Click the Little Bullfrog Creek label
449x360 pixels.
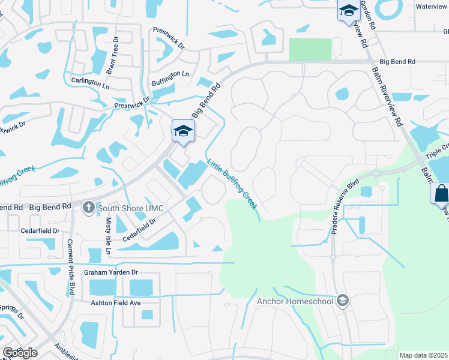(x=233, y=184)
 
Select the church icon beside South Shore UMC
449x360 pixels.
(x=88, y=208)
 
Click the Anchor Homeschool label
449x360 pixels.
(x=294, y=301)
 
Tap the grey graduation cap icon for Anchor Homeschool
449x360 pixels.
(x=342, y=300)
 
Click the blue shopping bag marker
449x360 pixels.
(x=440, y=194)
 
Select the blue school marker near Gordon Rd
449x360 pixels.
(x=348, y=11)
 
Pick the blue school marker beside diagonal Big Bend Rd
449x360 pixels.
(x=183, y=131)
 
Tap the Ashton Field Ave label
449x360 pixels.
(x=115, y=303)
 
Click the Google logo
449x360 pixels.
(x=20, y=353)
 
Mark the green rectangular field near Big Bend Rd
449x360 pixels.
(x=310, y=49)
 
